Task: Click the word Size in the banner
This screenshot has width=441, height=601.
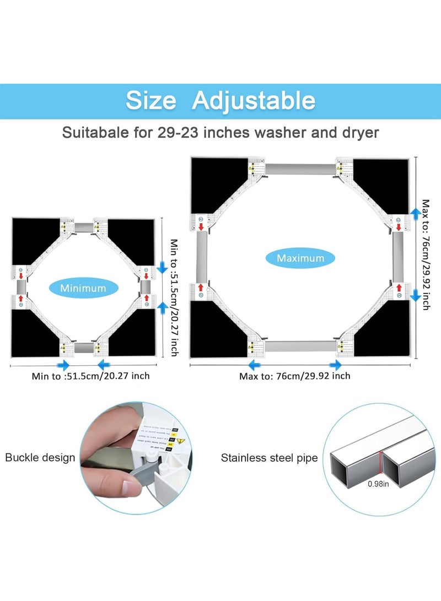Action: click(x=150, y=101)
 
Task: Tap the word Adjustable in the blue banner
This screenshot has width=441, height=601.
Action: click(x=254, y=101)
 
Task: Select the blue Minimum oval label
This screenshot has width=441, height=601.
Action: click(x=83, y=288)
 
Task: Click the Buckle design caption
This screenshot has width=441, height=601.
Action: click(x=40, y=457)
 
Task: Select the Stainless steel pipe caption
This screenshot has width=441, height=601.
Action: click(x=269, y=458)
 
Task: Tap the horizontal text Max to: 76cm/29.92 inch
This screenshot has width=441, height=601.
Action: click(x=294, y=376)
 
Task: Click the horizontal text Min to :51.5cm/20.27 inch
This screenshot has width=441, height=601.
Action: click(x=90, y=376)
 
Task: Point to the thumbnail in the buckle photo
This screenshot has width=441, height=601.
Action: click(x=131, y=488)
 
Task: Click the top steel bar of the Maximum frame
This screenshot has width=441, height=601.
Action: click(x=301, y=169)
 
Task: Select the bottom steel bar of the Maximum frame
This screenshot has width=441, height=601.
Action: click(x=301, y=346)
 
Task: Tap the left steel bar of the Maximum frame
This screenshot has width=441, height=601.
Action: click(x=202, y=258)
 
